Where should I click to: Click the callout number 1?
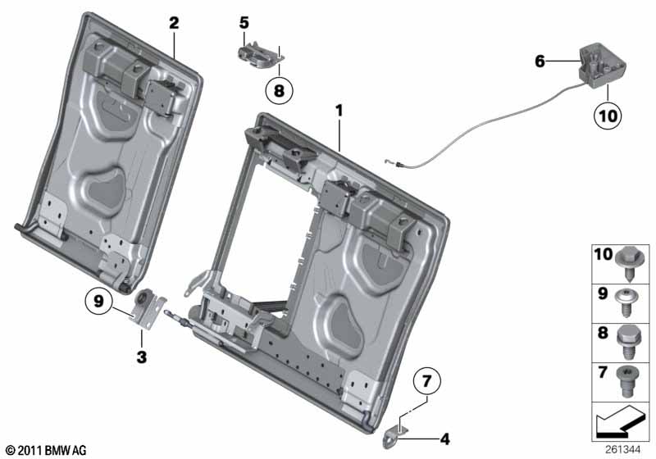pos(338,109)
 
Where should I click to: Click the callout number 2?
pos(174,23)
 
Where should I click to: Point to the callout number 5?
pos(244,23)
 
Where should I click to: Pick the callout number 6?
pos(539,61)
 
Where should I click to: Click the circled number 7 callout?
pos(426,382)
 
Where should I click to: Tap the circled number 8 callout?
pos(278,92)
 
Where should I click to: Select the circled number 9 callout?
pos(98,302)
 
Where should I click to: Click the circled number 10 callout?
pos(606,117)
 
